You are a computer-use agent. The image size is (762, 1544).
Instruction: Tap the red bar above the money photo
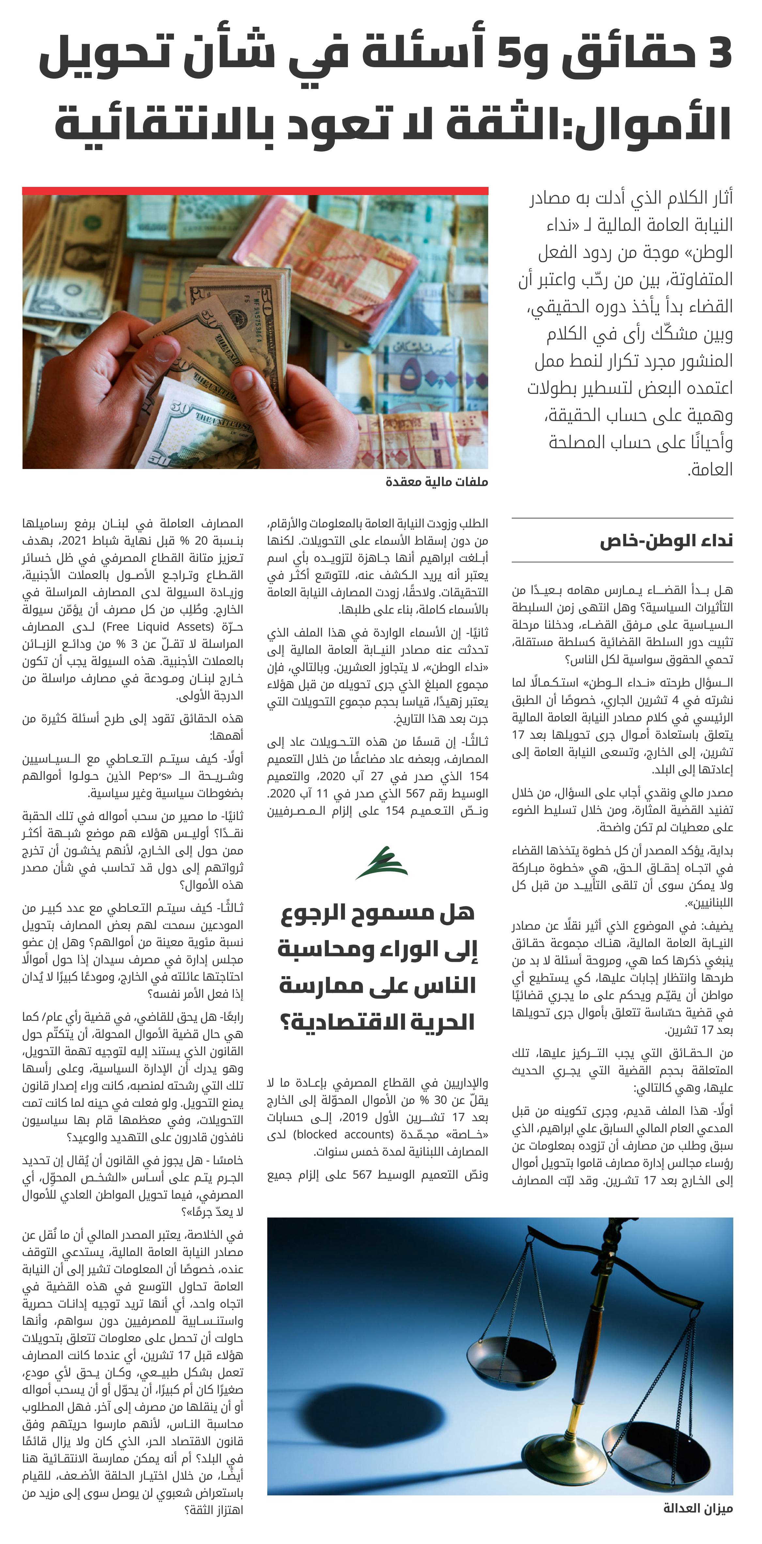(x=255, y=190)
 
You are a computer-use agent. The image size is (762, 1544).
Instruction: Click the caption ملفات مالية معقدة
(x=436, y=481)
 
